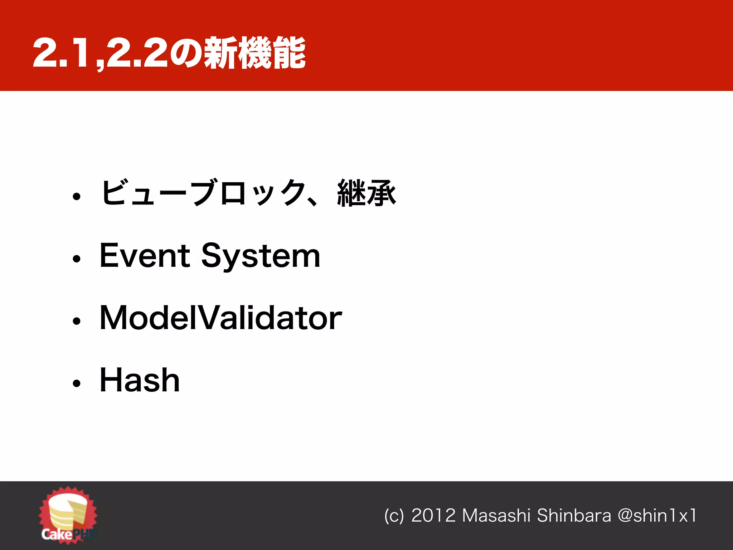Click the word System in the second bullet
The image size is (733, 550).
point(261,257)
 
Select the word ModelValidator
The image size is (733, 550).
point(220,318)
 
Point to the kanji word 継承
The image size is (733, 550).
point(366,193)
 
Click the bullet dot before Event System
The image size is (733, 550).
point(77,259)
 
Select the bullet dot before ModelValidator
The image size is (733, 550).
point(77,321)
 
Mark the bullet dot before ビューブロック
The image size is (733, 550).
point(77,196)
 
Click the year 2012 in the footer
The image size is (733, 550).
point(433,516)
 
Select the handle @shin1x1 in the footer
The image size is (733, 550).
point(657,516)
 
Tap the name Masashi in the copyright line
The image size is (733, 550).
point(496,516)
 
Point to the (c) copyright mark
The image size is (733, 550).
point(394,516)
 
